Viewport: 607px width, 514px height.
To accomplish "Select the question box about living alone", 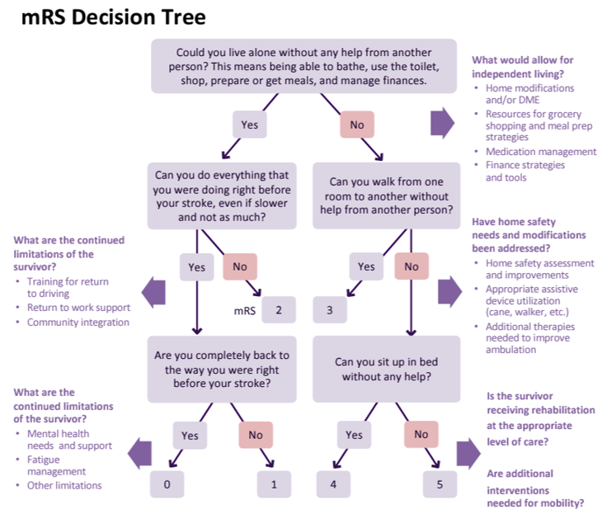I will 303,66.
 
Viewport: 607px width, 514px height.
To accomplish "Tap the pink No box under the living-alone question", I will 357,125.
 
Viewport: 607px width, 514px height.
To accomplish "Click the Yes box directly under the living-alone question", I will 249,125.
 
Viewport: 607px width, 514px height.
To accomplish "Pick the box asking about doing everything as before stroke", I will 223,196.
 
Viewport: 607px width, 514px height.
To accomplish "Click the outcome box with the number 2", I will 279,310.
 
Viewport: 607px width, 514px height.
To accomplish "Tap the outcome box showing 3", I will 330,310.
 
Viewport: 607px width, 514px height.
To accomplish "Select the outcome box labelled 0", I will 167,484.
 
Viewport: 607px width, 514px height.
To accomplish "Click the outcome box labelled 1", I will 274,484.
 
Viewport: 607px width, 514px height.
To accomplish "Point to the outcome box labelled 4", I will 333,484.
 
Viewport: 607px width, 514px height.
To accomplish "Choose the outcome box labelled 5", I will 440,484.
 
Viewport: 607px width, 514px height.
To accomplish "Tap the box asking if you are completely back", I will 223,369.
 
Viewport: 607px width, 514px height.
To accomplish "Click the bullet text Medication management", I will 540,152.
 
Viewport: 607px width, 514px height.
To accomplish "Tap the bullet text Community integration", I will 78,323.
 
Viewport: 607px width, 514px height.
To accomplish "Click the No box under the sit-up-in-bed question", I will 421,434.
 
